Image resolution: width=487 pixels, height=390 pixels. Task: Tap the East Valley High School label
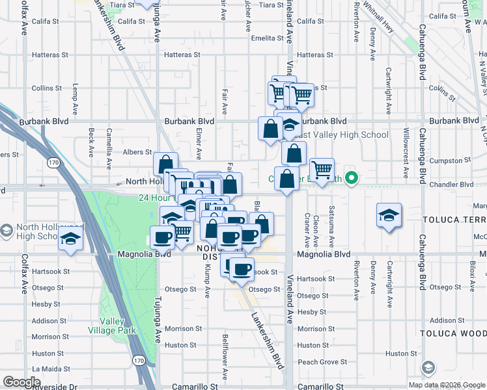tap(342, 135)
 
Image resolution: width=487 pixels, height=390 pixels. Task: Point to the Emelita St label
tap(266, 38)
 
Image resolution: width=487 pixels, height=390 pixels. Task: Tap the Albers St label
tap(137, 152)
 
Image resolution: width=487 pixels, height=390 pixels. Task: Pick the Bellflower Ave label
tap(225, 356)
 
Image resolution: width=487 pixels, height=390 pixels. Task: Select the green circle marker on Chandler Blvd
tap(352, 177)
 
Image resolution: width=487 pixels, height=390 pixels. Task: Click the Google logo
tap(22, 382)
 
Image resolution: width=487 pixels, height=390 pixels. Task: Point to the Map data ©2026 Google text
tap(446, 385)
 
